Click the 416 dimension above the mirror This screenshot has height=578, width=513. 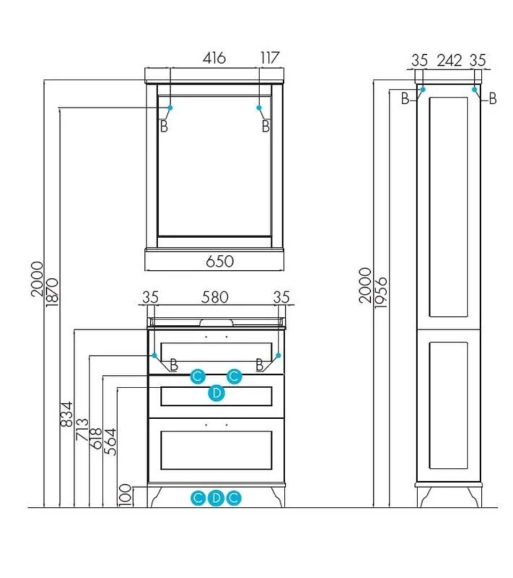point(214,58)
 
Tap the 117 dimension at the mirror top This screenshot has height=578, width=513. point(270,58)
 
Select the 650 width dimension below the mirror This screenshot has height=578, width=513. point(220,262)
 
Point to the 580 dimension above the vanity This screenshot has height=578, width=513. point(215,297)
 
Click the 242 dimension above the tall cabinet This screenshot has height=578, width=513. point(449,60)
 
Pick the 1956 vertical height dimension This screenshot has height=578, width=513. point(380,293)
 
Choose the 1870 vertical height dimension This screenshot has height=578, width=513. point(52,292)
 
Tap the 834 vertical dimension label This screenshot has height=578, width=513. point(67,414)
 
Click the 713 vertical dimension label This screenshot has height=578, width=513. point(82,429)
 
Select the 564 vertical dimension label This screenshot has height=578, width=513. point(110,442)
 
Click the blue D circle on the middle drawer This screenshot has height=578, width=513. point(216,393)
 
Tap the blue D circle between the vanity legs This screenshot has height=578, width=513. point(216,498)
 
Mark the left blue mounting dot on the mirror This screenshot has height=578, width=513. point(170,108)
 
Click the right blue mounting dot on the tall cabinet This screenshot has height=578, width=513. point(474,89)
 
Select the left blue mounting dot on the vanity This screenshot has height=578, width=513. point(154,355)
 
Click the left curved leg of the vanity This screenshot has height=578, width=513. point(154,496)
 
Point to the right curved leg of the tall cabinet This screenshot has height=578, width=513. point(475,497)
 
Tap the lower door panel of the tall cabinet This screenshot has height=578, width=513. point(448,405)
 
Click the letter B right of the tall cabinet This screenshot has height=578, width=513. point(492,99)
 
